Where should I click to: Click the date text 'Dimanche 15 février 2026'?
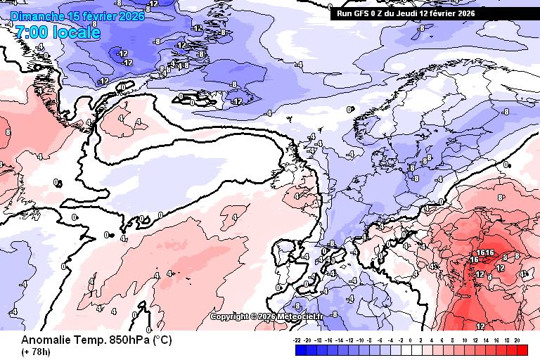[x=77, y=16]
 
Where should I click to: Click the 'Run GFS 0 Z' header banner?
[x=406, y=13]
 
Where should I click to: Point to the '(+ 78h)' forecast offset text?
[x=35, y=352]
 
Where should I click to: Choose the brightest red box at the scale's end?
[x=521, y=349]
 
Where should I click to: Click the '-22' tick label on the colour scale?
[x=298, y=340]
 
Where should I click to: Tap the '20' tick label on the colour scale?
[x=517, y=340]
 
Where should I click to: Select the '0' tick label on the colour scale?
[x=411, y=340]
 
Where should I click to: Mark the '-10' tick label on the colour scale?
[x=360, y=340]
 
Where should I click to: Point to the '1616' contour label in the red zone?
[x=486, y=252]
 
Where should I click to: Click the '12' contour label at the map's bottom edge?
[x=481, y=327]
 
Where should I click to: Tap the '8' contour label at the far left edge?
[x=8, y=131]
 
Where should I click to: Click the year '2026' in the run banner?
[x=465, y=13]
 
